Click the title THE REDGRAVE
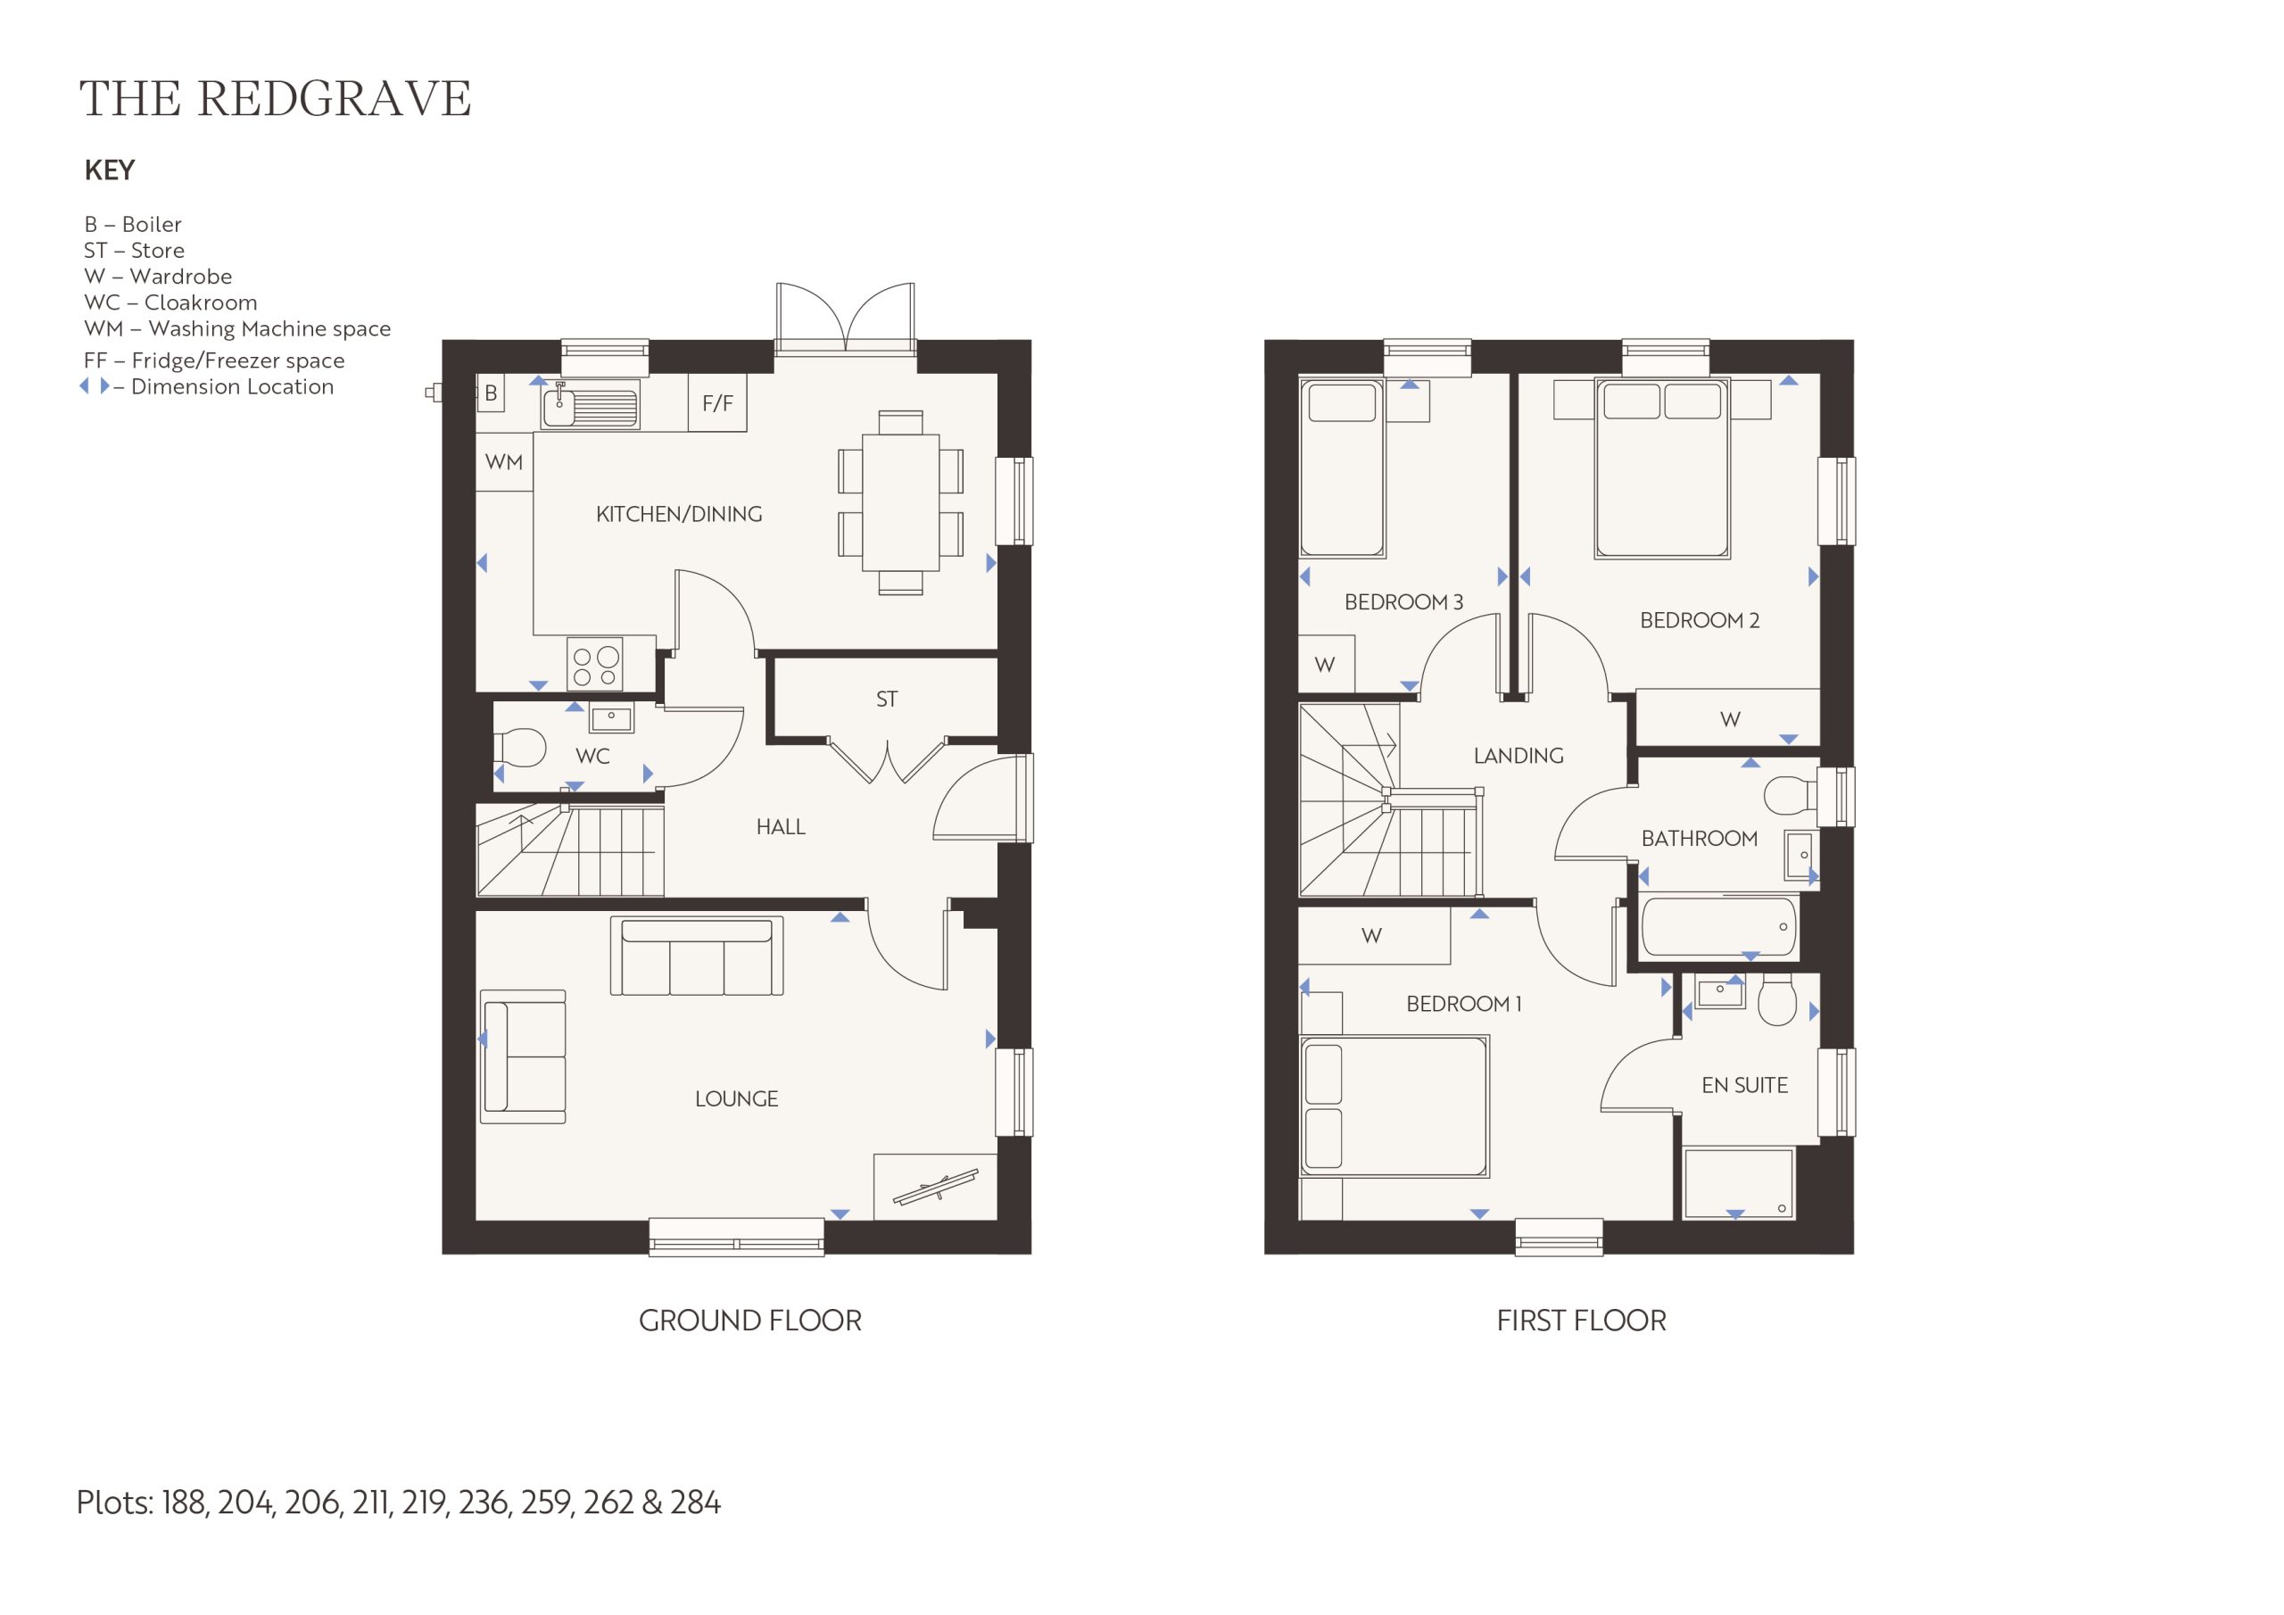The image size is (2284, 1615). [275, 98]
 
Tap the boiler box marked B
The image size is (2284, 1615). [491, 394]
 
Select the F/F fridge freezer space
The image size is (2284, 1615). [717, 403]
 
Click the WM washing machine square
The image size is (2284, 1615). [504, 461]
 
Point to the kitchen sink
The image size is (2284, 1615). [590, 406]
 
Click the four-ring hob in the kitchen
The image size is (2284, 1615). [595, 664]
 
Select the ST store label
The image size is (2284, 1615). [886, 700]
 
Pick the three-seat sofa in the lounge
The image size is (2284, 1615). [696, 957]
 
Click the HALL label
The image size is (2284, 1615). [781, 827]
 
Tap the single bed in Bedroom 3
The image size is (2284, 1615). [1342, 468]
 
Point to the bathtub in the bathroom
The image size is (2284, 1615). [1718, 926]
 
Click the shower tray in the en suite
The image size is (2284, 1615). [1738, 1183]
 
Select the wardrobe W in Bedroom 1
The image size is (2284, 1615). [1374, 936]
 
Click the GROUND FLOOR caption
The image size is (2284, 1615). [750, 1321]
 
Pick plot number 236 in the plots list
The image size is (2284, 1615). [484, 1502]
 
